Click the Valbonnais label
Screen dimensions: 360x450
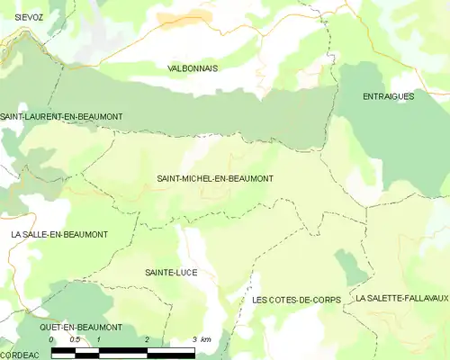193,68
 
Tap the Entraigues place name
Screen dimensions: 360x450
388,95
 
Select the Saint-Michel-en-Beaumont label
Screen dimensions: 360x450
214,178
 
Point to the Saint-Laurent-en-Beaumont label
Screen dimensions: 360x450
61,117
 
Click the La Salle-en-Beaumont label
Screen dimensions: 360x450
59,234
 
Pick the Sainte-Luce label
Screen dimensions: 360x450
170,272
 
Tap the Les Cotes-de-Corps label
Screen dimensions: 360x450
296,299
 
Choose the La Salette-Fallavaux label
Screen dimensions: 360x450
401,297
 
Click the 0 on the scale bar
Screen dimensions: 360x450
51,339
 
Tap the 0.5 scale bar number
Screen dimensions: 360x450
75,339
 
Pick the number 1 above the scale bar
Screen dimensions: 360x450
99,339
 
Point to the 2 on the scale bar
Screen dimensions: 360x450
147,339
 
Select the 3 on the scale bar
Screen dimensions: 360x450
194,339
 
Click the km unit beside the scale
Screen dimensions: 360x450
206,339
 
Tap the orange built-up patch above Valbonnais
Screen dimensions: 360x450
184,16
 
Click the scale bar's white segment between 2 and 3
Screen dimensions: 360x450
170,350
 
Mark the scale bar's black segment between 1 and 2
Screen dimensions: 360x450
122,350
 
